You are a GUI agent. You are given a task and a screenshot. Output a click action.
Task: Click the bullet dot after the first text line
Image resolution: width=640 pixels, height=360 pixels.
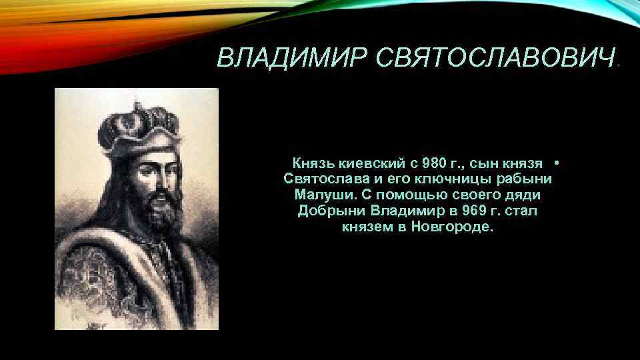556,163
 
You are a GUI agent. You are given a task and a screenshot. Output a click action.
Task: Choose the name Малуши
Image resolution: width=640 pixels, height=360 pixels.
319,195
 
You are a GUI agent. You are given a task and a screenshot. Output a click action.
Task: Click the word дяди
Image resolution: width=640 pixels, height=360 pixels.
524,195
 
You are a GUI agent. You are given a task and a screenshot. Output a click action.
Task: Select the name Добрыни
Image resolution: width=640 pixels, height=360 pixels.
331,211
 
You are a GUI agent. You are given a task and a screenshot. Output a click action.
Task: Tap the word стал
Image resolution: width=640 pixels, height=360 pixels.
521,211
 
